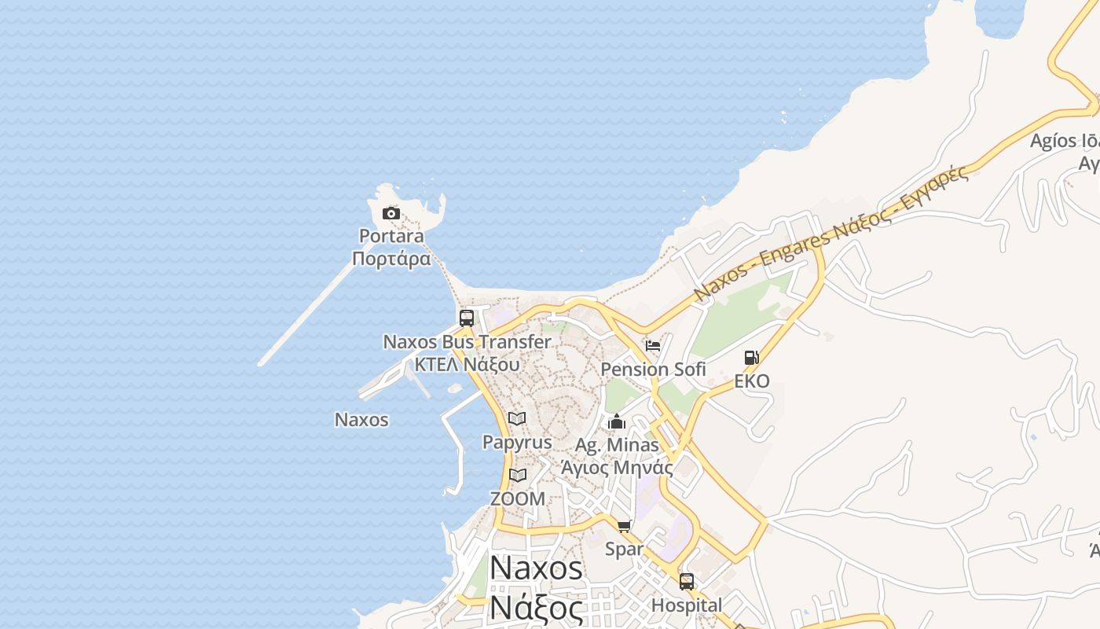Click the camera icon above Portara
(x=390, y=213)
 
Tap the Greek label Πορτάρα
(x=391, y=259)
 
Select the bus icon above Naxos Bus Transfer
(x=467, y=318)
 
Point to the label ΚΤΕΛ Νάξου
(x=467, y=365)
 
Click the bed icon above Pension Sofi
(x=653, y=345)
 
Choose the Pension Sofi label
(x=653, y=369)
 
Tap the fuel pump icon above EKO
(x=752, y=358)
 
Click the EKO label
(x=752, y=381)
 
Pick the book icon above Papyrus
(x=517, y=418)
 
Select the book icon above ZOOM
(x=517, y=475)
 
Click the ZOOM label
(x=517, y=498)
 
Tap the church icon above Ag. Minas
(x=617, y=422)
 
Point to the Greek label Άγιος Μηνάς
(x=617, y=468)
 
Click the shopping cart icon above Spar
(x=625, y=526)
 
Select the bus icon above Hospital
(x=687, y=582)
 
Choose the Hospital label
(x=687, y=605)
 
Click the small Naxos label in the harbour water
(x=361, y=419)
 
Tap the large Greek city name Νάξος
(x=537, y=608)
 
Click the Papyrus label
(x=517, y=442)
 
